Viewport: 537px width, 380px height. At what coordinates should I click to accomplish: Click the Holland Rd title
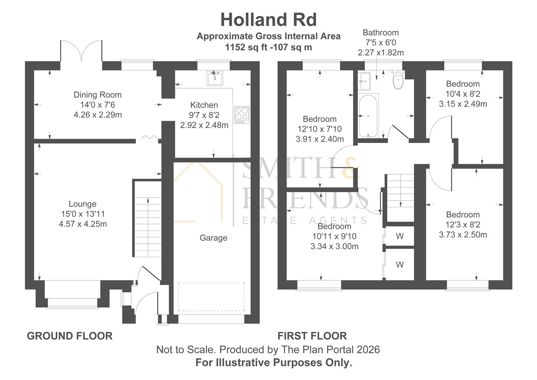coord(268,20)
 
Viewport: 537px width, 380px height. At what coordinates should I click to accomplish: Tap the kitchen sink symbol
coord(215,78)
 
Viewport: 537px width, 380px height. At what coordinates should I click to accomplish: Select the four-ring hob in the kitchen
coord(241,115)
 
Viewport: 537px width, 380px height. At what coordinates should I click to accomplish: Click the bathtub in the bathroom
coord(368,116)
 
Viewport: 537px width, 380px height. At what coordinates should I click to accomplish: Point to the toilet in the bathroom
coord(398,81)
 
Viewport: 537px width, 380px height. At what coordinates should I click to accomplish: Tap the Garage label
coord(213,238)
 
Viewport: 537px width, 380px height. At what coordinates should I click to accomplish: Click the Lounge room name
coord(82,204)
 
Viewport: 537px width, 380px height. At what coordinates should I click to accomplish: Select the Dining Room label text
coord(97,95)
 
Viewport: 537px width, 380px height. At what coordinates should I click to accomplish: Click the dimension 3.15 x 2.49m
coord(463,104)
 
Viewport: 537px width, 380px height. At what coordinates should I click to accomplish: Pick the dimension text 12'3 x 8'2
coord(463,225)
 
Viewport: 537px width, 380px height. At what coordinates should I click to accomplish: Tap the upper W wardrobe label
coord(400,236)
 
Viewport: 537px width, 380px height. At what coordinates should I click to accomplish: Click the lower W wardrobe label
coord(400,265)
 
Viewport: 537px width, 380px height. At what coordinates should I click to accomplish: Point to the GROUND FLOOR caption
coord(70,336)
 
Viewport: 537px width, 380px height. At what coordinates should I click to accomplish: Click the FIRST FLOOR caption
coord(312,336)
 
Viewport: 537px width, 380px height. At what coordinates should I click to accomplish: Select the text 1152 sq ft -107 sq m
coord(268,47)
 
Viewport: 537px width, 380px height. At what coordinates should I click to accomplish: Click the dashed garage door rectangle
coord(211,297)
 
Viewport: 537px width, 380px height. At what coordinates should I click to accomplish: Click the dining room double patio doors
coord(82,51)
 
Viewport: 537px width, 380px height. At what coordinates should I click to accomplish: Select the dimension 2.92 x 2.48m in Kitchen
coord(204,125)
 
